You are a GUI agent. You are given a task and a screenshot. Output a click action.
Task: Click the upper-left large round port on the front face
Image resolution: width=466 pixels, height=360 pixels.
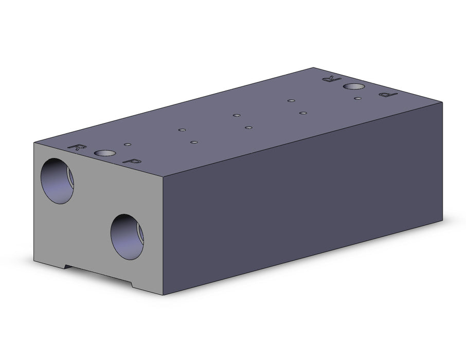57,181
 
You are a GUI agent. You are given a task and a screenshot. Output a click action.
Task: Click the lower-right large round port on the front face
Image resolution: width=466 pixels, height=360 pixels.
127,237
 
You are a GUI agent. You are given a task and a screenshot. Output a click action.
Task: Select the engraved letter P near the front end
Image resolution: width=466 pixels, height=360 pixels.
132,161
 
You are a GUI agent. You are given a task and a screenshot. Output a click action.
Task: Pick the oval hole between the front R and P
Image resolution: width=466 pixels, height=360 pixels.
104,153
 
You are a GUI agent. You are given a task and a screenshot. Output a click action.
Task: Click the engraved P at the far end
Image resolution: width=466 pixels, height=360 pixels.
388,95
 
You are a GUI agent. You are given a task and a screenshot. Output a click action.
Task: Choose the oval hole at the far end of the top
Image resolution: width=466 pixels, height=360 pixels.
354,86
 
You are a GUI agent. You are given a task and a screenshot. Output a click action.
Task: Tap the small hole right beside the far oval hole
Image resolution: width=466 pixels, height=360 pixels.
358,98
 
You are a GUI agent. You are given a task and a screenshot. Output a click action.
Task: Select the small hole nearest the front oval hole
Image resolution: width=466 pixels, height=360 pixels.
128,145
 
